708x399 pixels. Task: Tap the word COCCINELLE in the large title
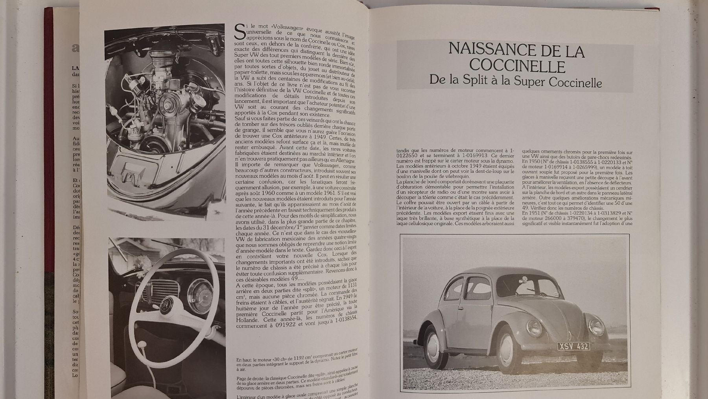517,66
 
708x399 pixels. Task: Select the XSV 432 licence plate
573,346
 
